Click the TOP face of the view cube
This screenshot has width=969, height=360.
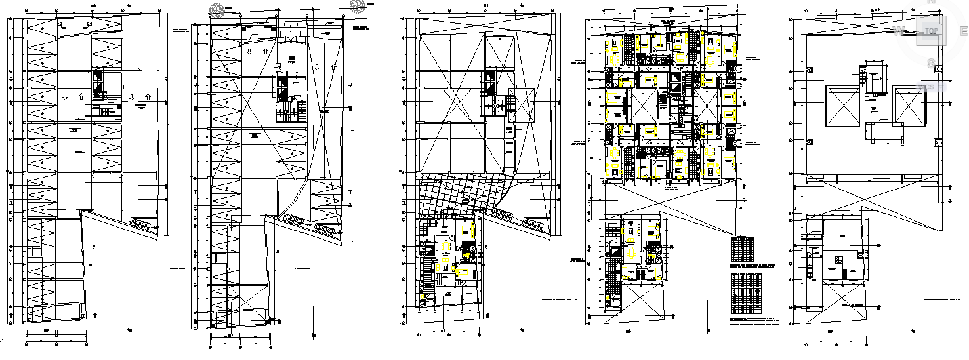pos(930,31)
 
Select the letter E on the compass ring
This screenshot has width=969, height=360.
pos(962,30)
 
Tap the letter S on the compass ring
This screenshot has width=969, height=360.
pos(930,63)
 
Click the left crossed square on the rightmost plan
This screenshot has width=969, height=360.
pos(842,107)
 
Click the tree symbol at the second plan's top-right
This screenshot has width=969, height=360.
pos(357,6)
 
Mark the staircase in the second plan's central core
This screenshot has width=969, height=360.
pos(293,107)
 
